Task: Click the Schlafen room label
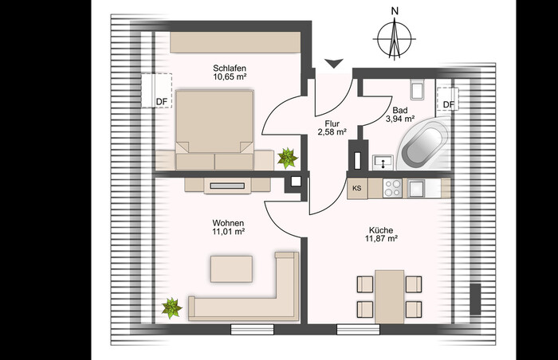pos(230,68)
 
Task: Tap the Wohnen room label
pos(228,223)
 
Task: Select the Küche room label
pos(381,230)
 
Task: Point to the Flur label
pos(332,123)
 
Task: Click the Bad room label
pos(400,110)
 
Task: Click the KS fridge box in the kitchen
pos(357,188)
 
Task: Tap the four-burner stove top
pos(392,188)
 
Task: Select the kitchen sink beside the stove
pos(416,188)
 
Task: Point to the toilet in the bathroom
pos(417,89)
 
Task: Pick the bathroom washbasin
pos(383,162)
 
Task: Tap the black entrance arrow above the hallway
pos(334,64)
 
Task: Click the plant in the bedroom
pos(288,158)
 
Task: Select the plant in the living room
pos(172,308)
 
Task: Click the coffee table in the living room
pos(231,269)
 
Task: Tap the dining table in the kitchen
pos(389,296)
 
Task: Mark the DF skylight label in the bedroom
pos(162,102)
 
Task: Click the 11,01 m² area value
pos(228,232)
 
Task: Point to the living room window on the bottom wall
pos(253,330)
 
